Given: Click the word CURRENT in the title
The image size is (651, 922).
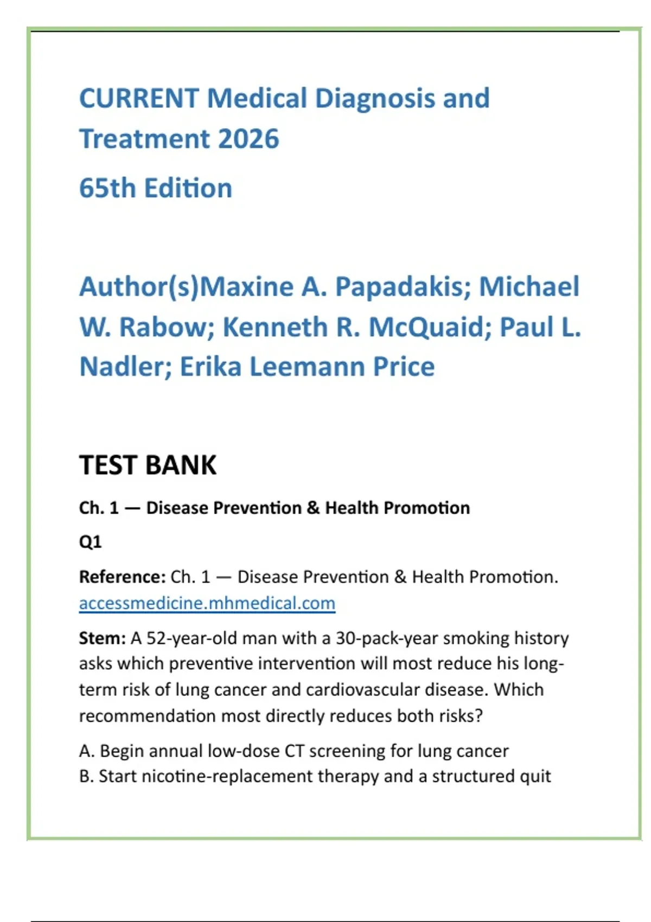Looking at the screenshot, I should pyautogui.click(x=139, y=99).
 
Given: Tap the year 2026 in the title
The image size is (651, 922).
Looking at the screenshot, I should pyautogui.click(x=248, y=139).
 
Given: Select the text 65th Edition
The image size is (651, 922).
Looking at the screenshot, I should pyautogui.click(x=156, y=188).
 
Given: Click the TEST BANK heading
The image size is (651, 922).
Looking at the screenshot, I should pyautogui.click(x=148, y=465).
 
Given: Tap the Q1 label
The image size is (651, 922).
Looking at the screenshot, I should pyautogui.click(x=90, y=542).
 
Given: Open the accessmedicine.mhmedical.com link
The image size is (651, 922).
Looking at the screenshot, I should pyautogui.click(x=207, y=603).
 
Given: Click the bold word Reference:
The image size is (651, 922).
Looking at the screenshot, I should pyautogui.click(x=122, y=577).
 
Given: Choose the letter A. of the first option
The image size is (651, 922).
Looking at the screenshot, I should pyautogui.click(x=87, y=751).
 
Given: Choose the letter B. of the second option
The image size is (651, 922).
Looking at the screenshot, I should pyautogui.click(x=86, y=776).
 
